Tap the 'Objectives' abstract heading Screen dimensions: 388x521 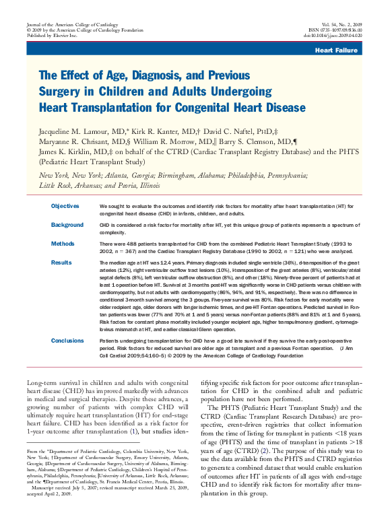(65, 206)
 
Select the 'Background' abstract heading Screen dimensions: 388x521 (67, 225)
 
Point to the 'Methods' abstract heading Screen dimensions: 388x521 (63, 244)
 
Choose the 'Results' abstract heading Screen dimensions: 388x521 (61, 263)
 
